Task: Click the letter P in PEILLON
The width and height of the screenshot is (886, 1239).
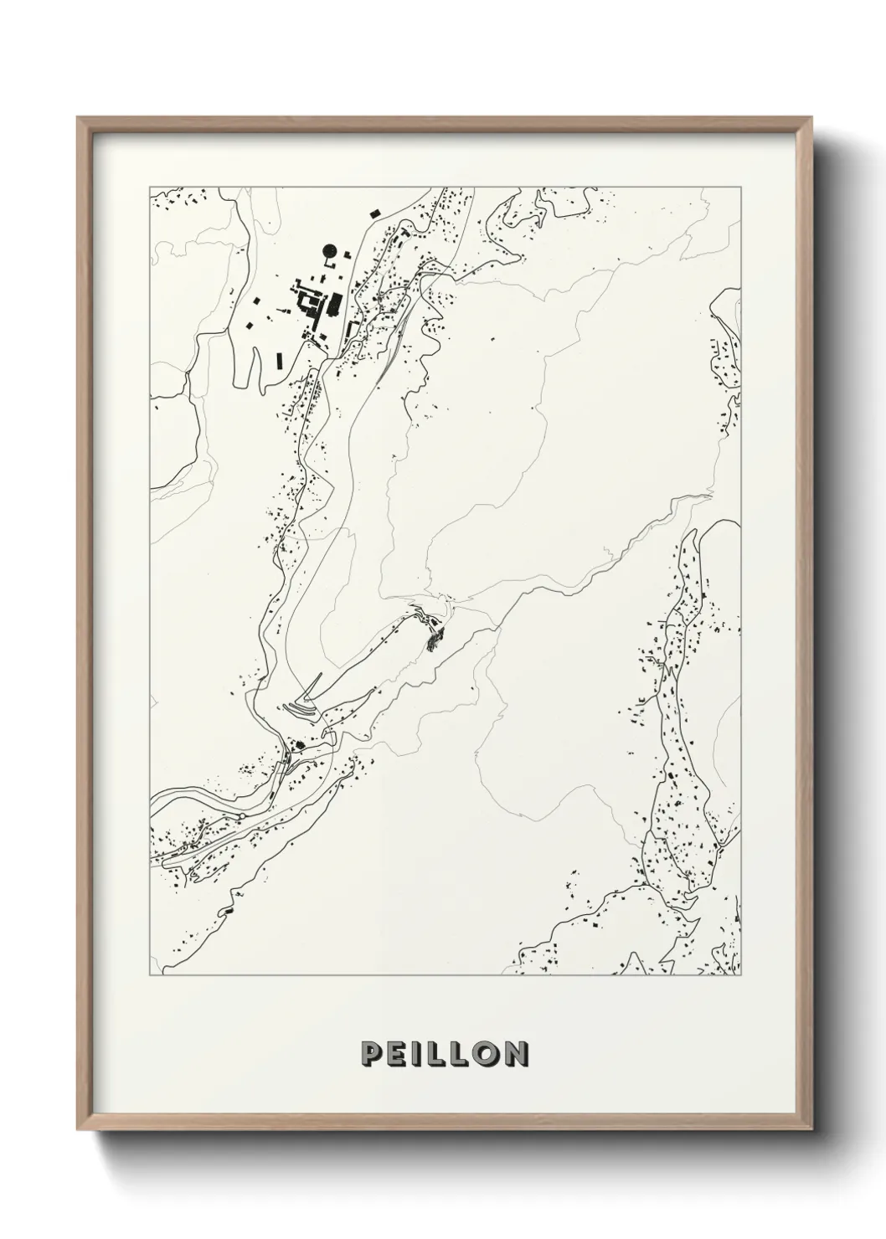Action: [370, 1054]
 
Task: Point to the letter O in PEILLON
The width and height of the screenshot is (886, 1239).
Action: [486, 1054]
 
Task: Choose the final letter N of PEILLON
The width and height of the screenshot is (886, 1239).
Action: [516, 1054]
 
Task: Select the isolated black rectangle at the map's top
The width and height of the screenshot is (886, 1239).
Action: [373, 213]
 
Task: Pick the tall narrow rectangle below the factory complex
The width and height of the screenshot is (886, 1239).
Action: [280, 361]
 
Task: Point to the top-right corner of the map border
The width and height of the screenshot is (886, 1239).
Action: [741, 185]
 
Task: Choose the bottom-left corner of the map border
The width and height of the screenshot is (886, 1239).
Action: [149, 975]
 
